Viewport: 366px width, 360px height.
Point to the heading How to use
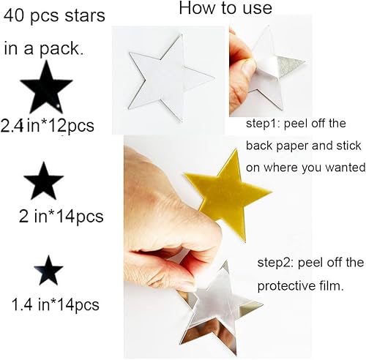click(x=225, y=10)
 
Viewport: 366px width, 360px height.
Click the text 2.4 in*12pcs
click(x=49, y=125)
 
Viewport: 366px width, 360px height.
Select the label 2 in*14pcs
click(x=61, y=217)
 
